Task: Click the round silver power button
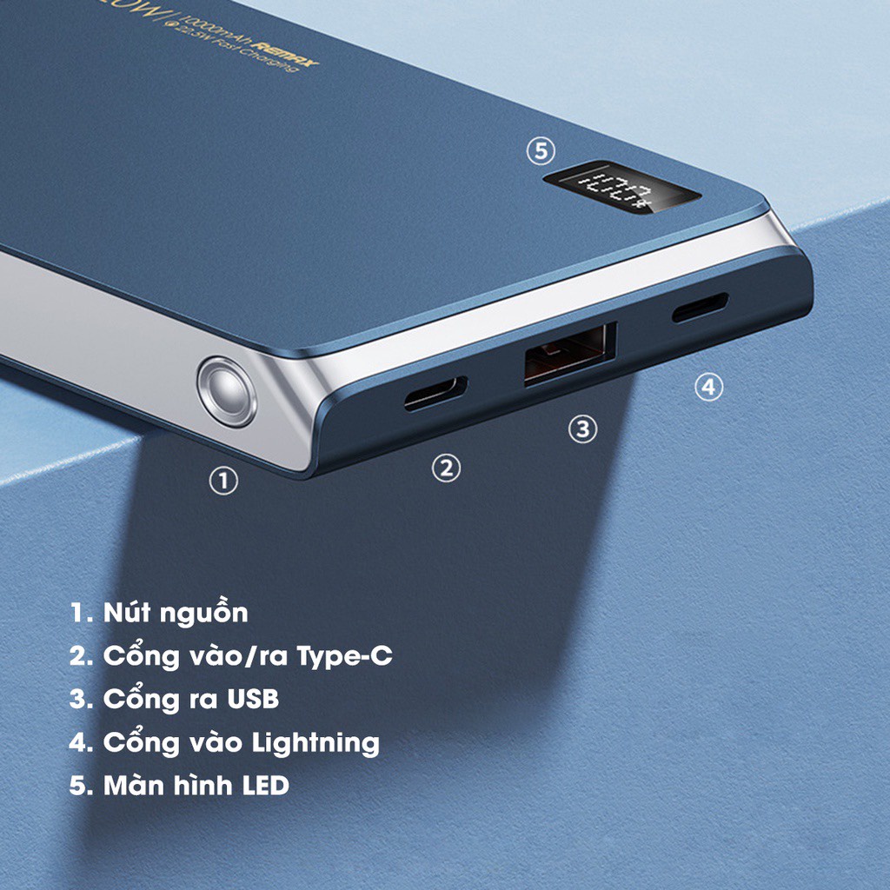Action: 227,391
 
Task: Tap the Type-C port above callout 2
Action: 435,394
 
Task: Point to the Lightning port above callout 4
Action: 700,308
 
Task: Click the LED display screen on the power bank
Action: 622,189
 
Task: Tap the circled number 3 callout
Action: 582,428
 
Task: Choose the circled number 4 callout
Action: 708,388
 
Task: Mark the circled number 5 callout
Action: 540,151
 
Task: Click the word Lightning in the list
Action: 315,743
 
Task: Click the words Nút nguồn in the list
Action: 176,613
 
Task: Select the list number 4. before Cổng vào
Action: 82,743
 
